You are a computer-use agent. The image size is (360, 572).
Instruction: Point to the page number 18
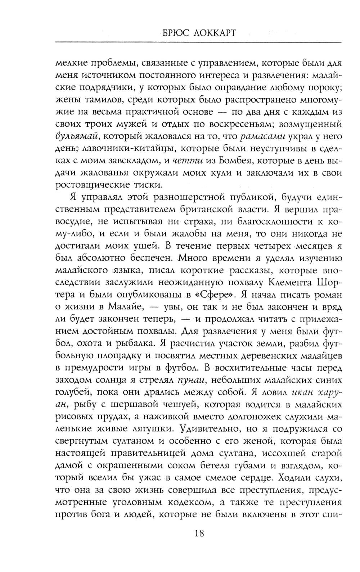tap(199, 533)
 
